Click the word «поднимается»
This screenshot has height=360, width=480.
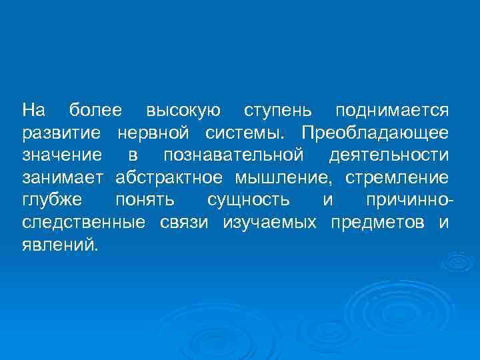click(x=392, y=109)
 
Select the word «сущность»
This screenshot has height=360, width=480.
click(x=248, y=200)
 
